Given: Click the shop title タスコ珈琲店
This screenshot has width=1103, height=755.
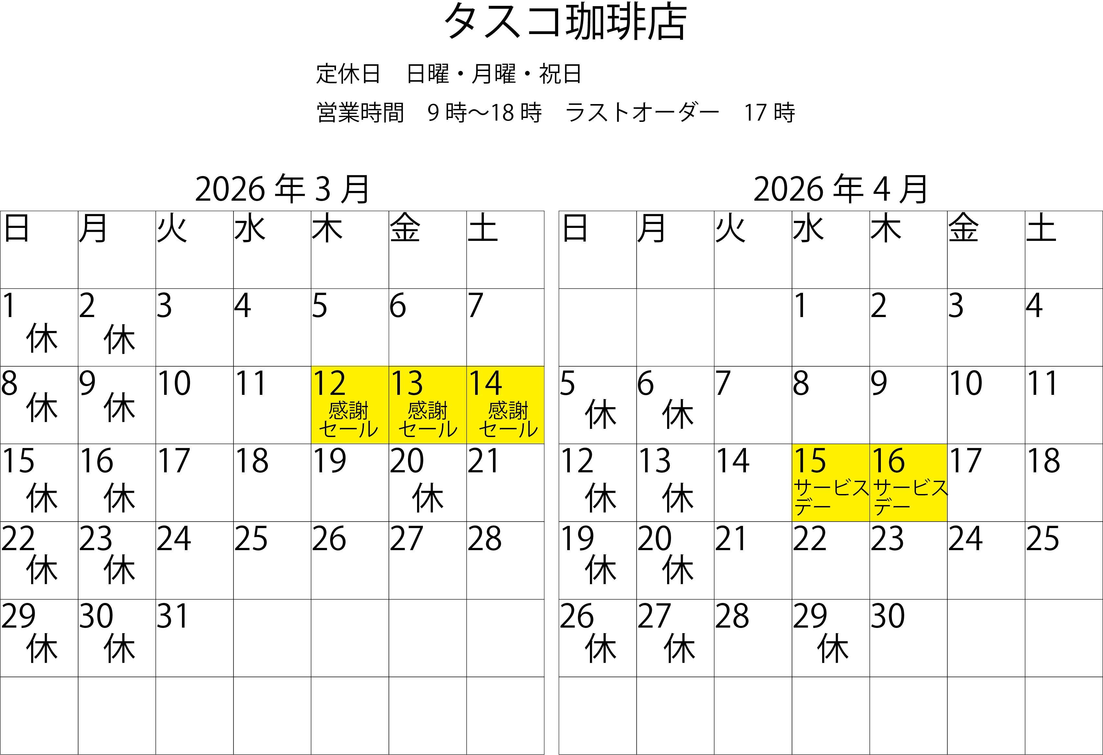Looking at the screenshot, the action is click(565, 22).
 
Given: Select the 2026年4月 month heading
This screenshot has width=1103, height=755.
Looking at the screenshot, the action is click(840, 189).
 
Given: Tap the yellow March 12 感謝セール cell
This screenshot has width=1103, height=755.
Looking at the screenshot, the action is click(349, 405).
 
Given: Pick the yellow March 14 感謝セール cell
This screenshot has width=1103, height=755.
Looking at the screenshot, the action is click(505, 405).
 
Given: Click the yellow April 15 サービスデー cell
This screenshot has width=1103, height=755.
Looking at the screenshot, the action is click(830, 483).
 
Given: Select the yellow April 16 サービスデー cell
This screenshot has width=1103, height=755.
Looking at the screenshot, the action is click(908, 483).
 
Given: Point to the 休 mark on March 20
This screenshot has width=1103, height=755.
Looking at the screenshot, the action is click(428, 498).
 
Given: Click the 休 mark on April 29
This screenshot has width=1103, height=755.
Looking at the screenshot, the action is click(833, 648).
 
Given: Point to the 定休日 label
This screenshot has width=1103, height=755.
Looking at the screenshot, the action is click(348, 74).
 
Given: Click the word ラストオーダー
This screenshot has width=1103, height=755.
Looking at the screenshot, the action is click(642, 113).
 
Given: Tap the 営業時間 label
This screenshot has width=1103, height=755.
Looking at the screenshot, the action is click(360, 113).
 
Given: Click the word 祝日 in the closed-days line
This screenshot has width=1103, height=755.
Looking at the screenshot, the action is click(560, 74).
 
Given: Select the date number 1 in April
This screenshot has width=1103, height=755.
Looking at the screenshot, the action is click(801, 306).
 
